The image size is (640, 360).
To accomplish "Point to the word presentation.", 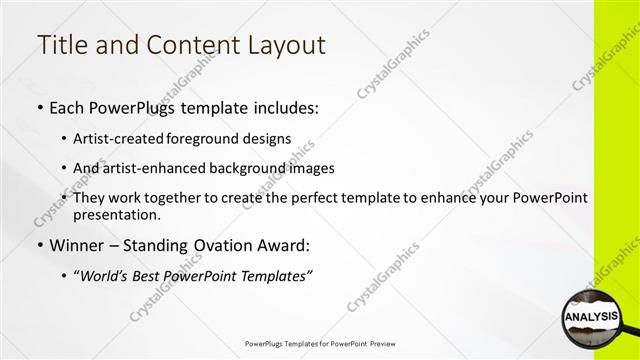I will coord(116,214).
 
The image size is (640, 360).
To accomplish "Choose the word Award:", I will coord(286,244).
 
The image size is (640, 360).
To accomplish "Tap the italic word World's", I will coord(105,275).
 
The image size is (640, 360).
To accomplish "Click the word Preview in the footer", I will coord(382,344).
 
